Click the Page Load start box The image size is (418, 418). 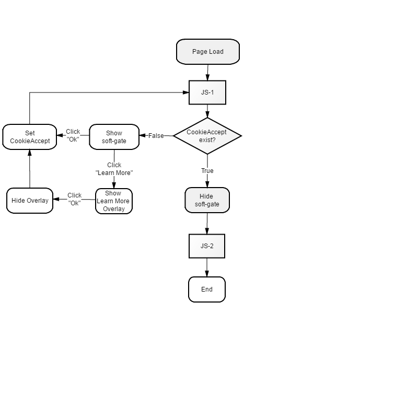[x=208, y=52]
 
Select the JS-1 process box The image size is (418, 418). [x=207, y=92]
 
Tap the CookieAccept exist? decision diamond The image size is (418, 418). [x=207, y=136]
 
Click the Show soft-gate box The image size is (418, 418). [x=114, y=137]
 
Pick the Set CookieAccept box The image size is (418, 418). [x=30, y=137]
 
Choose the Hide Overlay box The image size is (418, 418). [x=30, y=201]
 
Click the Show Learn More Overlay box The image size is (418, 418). [x=114, y=201]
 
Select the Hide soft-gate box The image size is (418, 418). [x=207, y=200]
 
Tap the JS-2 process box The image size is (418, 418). [x=207, y=246]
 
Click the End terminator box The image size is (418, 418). [x=207, y=289]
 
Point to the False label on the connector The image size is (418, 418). [x=156, y=136]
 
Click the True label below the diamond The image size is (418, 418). [x=207, y=171]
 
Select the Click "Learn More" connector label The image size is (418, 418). [x=114, y=169]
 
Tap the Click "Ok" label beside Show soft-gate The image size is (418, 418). [x=73, y=135]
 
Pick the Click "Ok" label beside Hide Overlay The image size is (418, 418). [x=74, y=199]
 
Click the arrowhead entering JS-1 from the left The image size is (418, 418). [x=186, y=92]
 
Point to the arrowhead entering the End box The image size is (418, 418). [x=207, y=274]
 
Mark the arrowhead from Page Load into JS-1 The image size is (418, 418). [x=207, y=77]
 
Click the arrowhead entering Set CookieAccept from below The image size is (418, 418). [x=30, y=153]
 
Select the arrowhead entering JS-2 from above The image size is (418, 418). [x=207, y=231]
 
